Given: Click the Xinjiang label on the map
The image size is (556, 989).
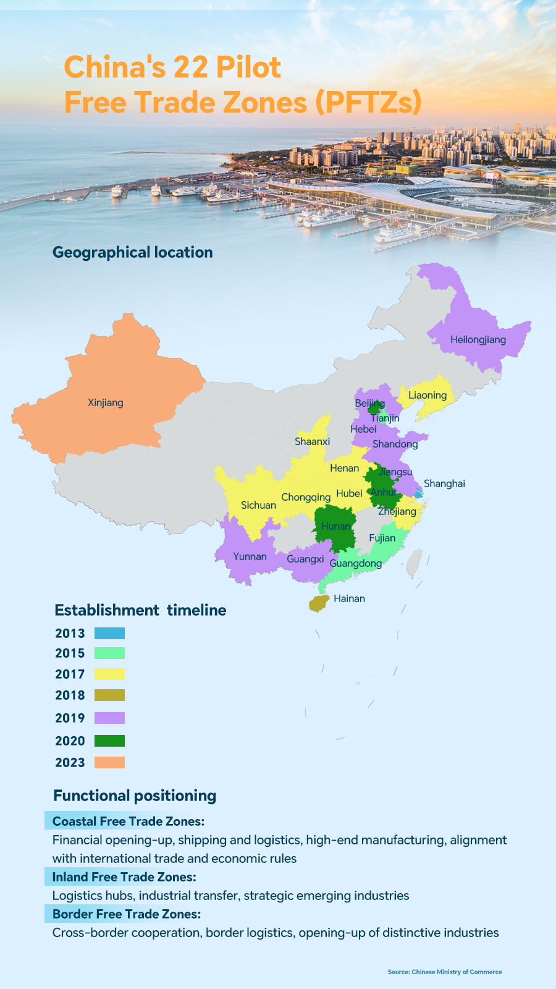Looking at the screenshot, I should click(106, 402).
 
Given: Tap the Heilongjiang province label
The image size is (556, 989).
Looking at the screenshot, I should click(478, 339).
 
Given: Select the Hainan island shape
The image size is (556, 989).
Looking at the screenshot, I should click(319, 603).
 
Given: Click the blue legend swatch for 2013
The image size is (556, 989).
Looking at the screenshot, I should click(109, 633).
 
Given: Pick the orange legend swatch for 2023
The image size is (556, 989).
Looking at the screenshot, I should click(109, 762).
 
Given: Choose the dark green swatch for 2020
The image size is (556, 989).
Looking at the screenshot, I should click(109, 741).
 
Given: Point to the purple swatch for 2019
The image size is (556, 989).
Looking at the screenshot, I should click(109, 718).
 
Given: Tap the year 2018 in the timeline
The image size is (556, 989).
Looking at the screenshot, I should click(70, 695).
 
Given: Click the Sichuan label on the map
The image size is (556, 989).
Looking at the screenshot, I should click(258, 505).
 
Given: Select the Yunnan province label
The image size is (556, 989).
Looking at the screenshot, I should click(250, 556).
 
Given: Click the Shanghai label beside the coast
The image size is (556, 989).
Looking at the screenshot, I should click(444, 483).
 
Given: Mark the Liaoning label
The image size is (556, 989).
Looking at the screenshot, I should click(428, 395).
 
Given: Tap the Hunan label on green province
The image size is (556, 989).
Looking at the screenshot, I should click(335, 526).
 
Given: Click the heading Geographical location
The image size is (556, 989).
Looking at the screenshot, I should click(132, 252).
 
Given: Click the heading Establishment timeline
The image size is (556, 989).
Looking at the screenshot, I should click(140, 610).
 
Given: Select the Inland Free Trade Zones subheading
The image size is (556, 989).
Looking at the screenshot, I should click(124, 877).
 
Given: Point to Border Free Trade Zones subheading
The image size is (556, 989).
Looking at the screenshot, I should click(126, 914).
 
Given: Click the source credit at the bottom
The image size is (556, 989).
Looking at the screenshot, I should click(444, 972).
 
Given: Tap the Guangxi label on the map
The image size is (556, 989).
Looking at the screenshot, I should click(305, 559).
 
